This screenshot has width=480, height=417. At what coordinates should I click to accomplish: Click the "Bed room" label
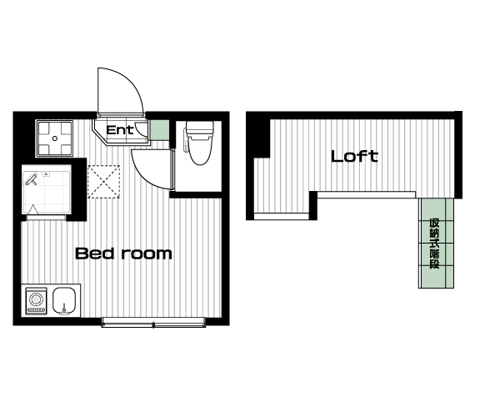pyautogui.click(x=123, y=254)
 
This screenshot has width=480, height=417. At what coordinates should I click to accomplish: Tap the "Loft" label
pyautogui.click(x=354, y=156)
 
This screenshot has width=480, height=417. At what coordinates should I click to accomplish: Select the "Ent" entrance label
pyautogui.click(x=120, y=130)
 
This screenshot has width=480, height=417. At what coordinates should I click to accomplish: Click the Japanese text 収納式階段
pyautogui.click(x=434, y=244)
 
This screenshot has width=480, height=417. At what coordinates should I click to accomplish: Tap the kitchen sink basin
pyautogui.click(x=64, y=300)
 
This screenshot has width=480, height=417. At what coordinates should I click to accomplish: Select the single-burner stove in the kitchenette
pyautogui.click(x=37, y=300)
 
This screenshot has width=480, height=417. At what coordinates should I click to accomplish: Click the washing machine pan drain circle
pyautogui.click(x=55, y=138)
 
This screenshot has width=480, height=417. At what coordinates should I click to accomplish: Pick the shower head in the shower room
pyautogui.click(x=31, y=180)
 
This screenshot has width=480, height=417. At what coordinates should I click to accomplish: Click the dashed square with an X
pyautogui.click(x=104, y=182)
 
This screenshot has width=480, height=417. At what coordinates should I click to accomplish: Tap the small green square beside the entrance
pyautogui.click(x=159, y=129)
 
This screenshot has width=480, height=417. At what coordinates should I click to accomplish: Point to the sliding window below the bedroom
pyautogui.click(x=153, y=322)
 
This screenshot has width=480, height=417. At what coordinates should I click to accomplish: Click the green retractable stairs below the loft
pyautogui.click(x=436, y=243)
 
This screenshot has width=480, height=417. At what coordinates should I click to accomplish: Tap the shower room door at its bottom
pyautogui.click(x=46, y=218)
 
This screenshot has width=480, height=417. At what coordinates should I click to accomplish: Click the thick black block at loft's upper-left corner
pyautogui.click(x=258, y=135)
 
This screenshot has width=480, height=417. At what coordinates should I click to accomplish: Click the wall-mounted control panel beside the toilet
pyautogui.click(x=185, y=140)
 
